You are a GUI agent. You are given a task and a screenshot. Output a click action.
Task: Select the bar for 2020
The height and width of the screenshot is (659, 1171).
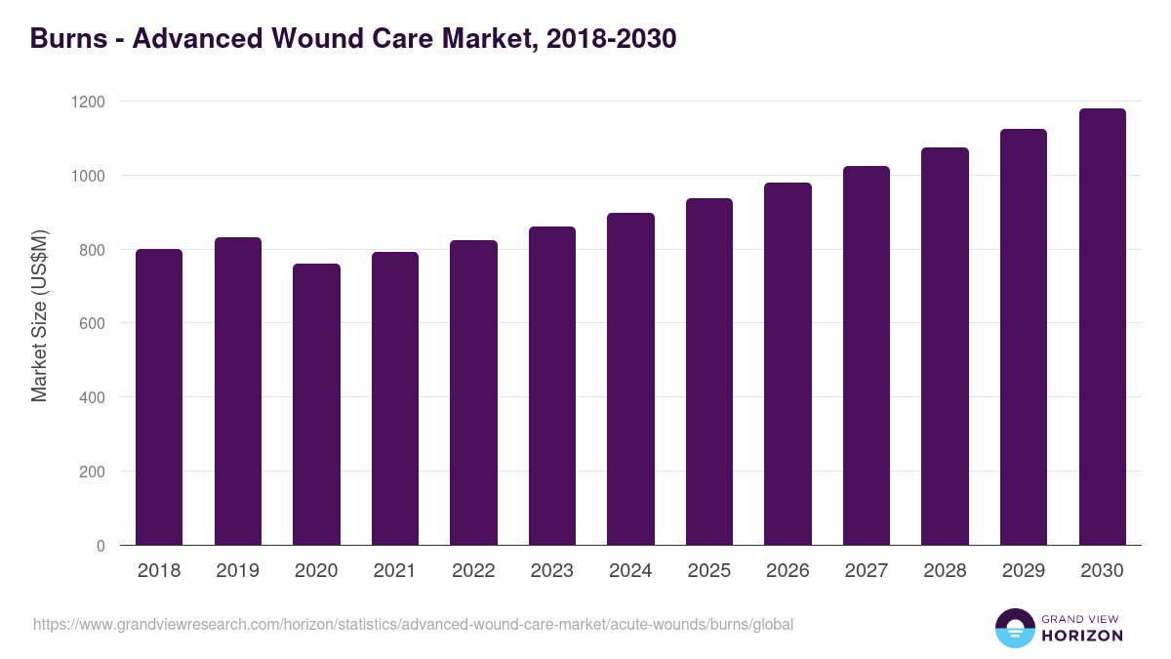point(316,404)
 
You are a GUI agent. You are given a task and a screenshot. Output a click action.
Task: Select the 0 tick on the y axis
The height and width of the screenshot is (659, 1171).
point(101,546)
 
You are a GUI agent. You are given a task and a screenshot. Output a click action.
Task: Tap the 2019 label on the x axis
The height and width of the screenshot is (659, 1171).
point(237,571)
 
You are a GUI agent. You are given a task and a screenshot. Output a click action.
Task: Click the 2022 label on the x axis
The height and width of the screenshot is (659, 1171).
point(473,571)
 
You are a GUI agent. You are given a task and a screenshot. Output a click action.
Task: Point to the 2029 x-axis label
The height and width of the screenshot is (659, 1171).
point(1024,571)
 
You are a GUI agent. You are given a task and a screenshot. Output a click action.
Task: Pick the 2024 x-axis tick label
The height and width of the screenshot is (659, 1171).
point(630,571)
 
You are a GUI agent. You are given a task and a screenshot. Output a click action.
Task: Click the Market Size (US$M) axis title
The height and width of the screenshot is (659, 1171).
point(39,316)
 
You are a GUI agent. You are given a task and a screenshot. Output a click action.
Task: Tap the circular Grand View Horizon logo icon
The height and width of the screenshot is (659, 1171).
point(1014,628)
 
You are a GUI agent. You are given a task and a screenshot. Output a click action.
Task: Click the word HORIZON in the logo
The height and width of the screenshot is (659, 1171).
point(1082,636)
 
